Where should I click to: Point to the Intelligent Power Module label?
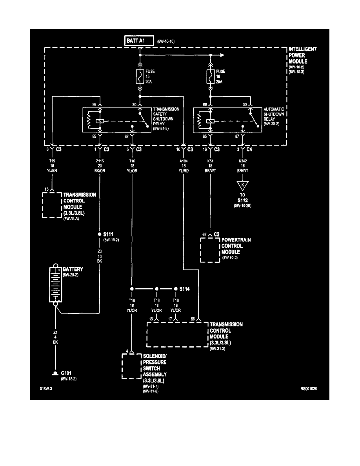coord(302,55)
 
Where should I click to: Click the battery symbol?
coord(55,284)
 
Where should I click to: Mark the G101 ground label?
coord(64,373)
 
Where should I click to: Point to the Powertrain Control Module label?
coord(236,246)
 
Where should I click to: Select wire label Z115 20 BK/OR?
coord(100,166)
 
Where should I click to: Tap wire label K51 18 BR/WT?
coord(211,166)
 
